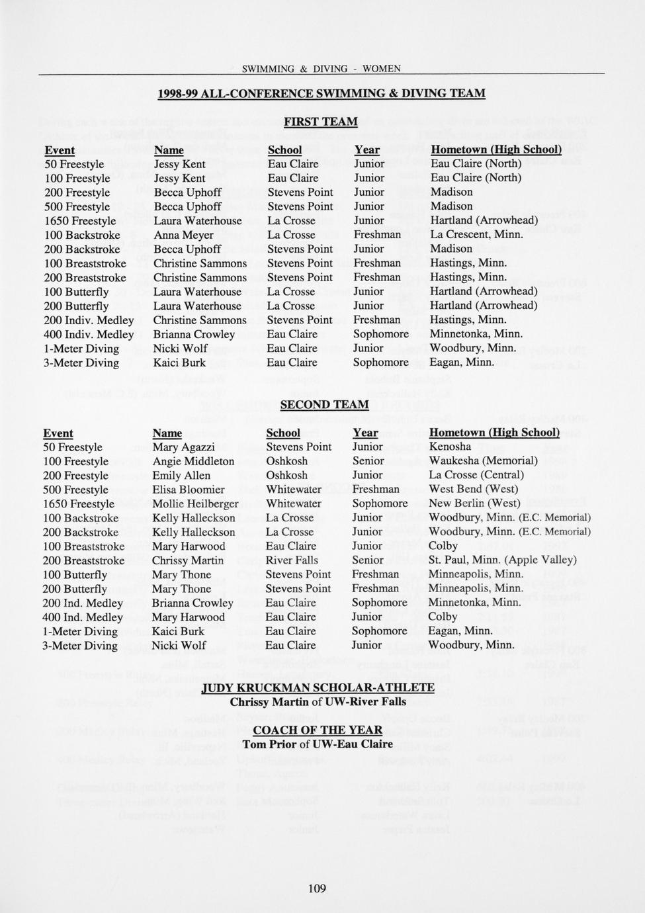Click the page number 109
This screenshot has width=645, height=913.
click(317, 888)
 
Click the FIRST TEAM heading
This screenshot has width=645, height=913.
click(320, 122)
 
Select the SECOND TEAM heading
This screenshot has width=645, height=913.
click(324, 404)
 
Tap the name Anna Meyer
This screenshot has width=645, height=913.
click(184, 235)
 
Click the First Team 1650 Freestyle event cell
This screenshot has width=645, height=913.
click(80, 221)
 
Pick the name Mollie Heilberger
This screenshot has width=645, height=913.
click(195, 503)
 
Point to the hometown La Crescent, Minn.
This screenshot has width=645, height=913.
click(476, 234)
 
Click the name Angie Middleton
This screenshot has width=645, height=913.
click(193, 461)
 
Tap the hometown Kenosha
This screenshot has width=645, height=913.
click(450, 447)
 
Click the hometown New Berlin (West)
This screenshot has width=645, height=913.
click(474, 503)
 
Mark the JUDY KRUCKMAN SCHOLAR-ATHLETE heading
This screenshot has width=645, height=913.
click(318, 687)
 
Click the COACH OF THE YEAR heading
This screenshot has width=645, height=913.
click(318, 730)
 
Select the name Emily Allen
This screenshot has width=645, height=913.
click(181, 475)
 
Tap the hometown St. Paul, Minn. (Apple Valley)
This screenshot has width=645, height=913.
click(502, 560)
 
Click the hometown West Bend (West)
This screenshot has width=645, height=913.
click(474, 489)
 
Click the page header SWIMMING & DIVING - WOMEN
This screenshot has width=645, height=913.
click(321, 69)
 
